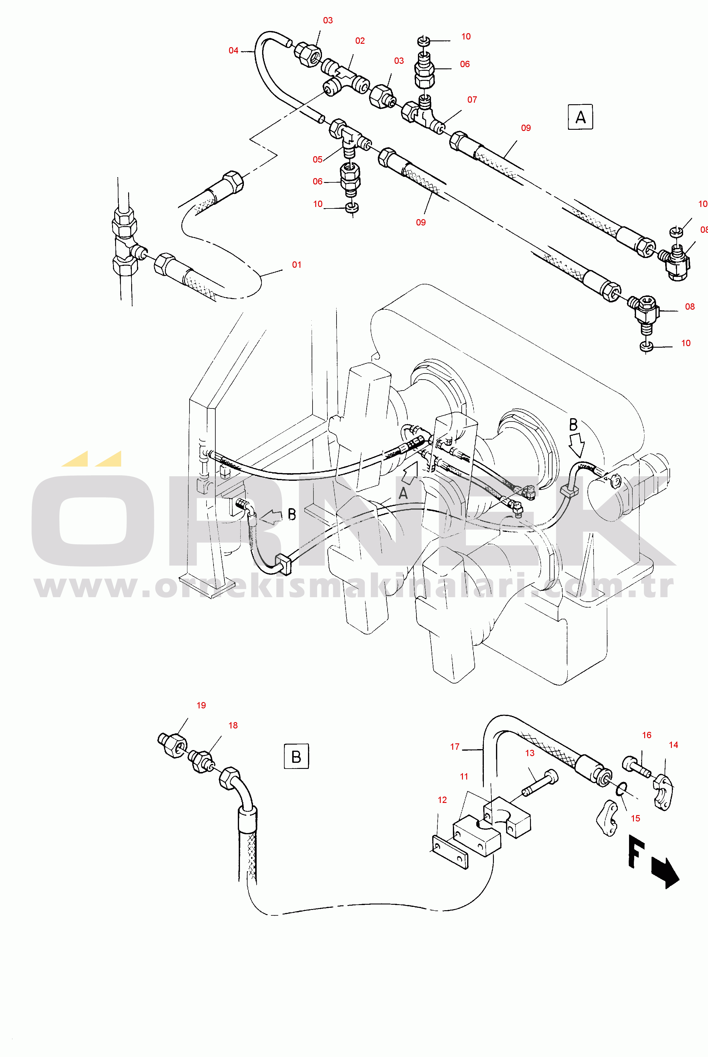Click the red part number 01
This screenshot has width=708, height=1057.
[x=297, y=265]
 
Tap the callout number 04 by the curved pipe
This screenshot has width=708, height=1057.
[x=234, y=50]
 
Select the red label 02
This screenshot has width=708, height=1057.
[x=360, y=41]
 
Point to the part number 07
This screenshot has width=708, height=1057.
[x=472, y=99]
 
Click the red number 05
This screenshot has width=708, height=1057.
[x=317, y=160]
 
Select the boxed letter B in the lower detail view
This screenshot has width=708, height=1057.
[x=296, y=756]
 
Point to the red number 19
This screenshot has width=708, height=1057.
[x=201, y=705]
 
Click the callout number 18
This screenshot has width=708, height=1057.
[x=233, y=725]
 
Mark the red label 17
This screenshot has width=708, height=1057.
[x=455, y=747]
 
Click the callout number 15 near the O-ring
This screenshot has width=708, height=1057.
[x=635, y=818]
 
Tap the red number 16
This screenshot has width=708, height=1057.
[x=647, y=735]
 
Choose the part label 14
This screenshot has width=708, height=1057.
[x=673, y=745]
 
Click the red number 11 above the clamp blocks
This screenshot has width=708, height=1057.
[x=464, y=776]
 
